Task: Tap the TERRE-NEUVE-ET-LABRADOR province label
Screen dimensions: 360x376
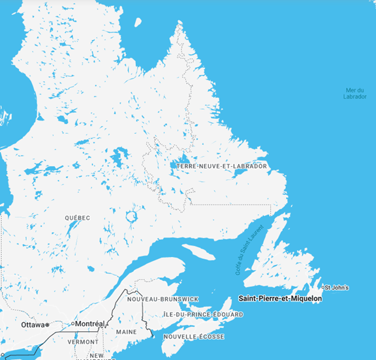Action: pos(222,166)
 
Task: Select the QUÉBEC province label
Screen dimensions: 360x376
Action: pos(77,217)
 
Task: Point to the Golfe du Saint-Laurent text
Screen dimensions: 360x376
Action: pos(243,250)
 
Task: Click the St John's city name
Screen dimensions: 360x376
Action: pos(337,288)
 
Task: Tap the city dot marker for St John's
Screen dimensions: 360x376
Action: pos(324,288)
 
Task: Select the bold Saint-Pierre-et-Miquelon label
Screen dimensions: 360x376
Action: pos(280,299)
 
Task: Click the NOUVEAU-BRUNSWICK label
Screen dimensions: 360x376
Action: pos(163,299)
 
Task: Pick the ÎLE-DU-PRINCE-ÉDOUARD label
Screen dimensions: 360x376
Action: pos(203,314)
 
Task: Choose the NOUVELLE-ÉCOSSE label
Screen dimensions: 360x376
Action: pos(194,337)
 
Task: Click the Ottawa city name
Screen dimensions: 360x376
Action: pos(32,324)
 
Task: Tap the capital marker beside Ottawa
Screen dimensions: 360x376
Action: pos(47,324)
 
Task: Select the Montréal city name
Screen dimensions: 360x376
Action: pos(89,323)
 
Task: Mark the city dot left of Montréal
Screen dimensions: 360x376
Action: pos(72,323)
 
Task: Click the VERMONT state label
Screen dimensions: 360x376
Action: pos(83,342)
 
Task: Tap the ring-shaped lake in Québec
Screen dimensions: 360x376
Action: pos(132,215)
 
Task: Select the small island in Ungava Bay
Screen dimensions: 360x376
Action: pos(138,22)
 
